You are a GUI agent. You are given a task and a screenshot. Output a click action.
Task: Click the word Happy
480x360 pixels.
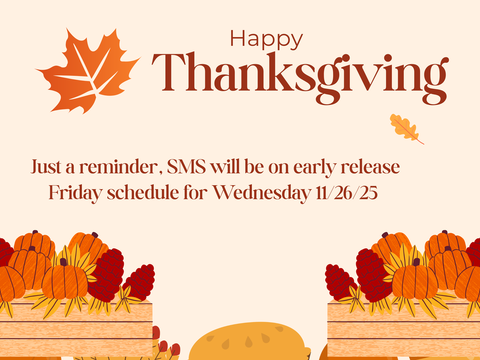tap(266, 39)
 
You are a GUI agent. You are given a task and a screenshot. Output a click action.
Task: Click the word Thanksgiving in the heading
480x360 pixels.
tap(300, 74)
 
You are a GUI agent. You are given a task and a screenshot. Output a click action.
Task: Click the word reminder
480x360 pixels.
tap(120, 167)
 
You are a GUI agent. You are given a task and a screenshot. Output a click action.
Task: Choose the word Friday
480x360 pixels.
tap(75, 193)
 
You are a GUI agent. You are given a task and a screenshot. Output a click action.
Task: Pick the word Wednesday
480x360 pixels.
tap(261, 193)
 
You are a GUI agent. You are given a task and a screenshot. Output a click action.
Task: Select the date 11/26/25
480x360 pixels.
tap(346, 193)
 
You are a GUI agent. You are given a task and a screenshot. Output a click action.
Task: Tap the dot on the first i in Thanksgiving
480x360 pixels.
tap(346, 58)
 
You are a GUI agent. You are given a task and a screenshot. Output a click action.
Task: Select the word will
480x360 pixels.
tap(224, 167)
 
